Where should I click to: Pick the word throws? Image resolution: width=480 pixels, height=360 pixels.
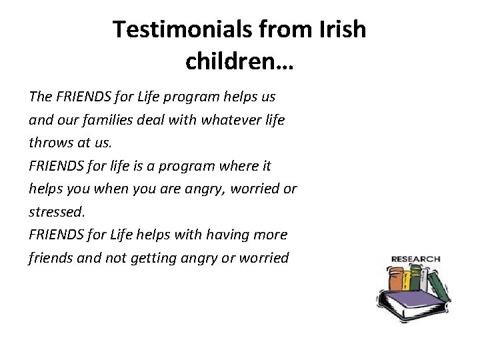(x=51, y=142)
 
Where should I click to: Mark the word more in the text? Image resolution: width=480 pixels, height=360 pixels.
(x=272, y=234)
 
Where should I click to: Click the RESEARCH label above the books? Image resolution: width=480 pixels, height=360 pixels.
(x=415, y=259)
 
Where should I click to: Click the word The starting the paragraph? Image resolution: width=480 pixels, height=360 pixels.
(x=41, y=96)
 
